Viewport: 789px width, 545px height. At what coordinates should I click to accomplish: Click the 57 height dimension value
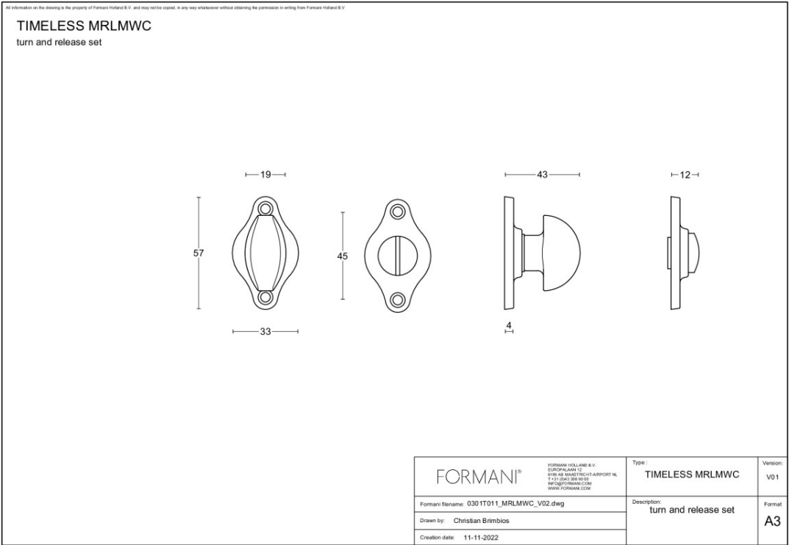(199, 253)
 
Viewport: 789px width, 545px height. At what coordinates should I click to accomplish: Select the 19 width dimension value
(265, 175)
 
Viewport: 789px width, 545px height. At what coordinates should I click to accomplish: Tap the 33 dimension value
(265, 332)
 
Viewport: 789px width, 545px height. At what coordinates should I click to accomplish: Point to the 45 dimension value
(343, 256)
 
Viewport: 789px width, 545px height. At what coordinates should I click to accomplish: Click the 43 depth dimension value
(543, 175)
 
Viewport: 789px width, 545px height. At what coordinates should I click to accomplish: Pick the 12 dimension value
(685, 175)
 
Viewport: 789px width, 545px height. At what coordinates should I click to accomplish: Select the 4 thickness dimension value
(508, 325)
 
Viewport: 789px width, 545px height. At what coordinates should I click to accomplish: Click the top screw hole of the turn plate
(265, 209)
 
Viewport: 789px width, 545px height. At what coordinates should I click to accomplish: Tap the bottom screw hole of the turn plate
(265, 298)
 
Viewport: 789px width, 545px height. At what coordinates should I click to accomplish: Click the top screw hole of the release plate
(399, 212)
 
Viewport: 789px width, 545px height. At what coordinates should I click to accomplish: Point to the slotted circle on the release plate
(399, 255)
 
